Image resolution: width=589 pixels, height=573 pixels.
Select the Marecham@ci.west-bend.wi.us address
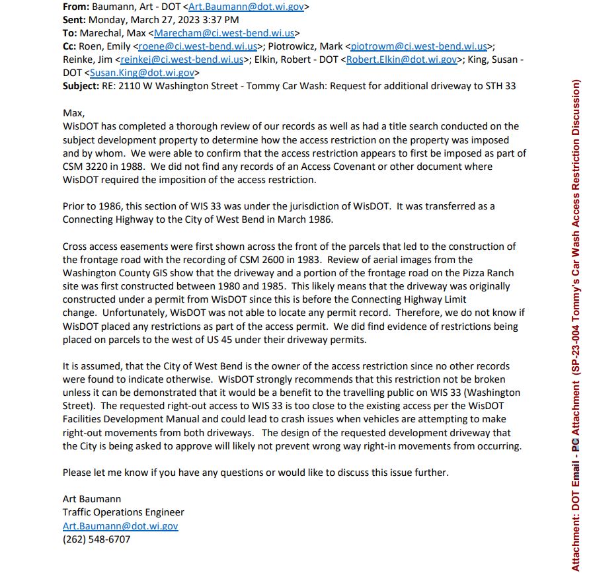(x=224, y=33)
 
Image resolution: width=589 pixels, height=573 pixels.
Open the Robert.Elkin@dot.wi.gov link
(x=401, y=59)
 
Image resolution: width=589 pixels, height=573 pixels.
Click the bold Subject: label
(x=81, y=86)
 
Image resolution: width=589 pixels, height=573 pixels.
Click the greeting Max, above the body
(x=73, y=113)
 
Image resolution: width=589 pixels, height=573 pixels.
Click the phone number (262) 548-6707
(x=97, y=539)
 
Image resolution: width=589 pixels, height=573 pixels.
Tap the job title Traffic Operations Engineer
(x=123, y=512)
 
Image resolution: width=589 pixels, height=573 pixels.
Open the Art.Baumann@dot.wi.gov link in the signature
(x=120, y=526)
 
